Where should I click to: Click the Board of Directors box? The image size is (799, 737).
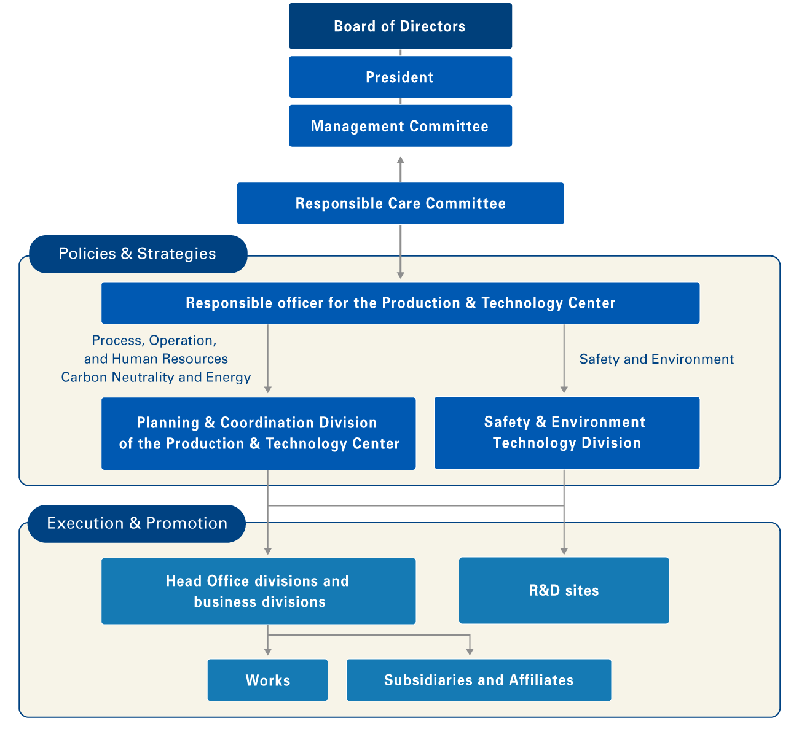[400, 26]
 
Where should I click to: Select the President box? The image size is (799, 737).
[400, 77]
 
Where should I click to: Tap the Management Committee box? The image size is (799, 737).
[400, 126]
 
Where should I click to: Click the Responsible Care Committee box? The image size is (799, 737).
[400, 203]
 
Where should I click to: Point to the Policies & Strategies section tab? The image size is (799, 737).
[138, 254]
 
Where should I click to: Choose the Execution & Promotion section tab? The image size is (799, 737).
[136, 523]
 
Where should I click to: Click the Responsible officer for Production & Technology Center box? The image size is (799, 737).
[400, 303]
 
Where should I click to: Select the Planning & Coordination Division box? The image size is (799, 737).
[258, 433]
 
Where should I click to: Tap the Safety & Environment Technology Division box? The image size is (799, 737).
[567, 432]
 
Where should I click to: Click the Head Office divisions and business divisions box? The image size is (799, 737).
[258, 591]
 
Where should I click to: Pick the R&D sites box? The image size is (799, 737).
[564, 590]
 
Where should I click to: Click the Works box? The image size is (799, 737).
[267, 680]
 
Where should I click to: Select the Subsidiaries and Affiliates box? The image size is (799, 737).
[478, 680]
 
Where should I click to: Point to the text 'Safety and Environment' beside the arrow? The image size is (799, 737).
[656, 359]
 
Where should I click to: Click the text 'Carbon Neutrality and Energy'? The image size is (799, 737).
[156, 377]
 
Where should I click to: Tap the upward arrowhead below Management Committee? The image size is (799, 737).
[401, 160]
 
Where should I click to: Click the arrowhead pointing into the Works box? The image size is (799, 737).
[268, 652]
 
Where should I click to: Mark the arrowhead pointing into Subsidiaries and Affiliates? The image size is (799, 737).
[470, 652]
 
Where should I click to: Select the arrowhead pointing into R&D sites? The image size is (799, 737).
[564, 550]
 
